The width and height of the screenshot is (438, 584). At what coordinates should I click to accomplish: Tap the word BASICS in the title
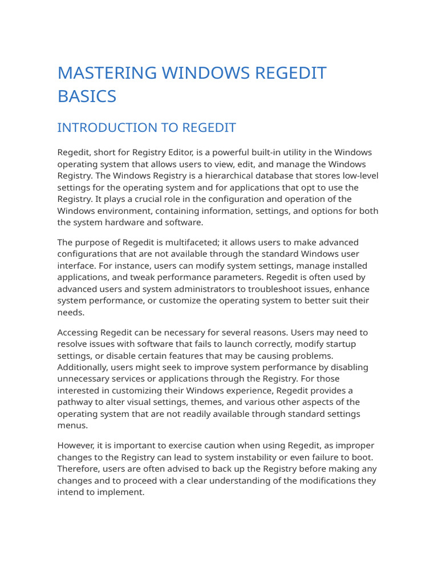coord(87,96)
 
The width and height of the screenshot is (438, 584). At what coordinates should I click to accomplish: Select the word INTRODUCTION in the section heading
coord(107,128)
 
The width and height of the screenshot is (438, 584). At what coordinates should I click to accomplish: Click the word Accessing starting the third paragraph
coord(78,332)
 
